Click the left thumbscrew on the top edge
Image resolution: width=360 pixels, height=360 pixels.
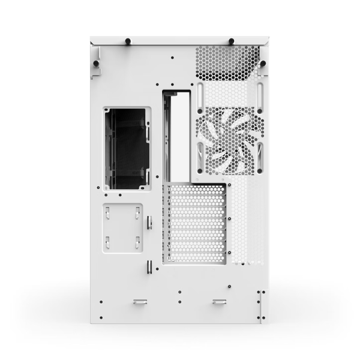(x=128, y=41)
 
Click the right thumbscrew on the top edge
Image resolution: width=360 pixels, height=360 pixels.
(x=231, y=41)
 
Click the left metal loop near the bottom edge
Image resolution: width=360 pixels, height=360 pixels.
(x=140, y=302)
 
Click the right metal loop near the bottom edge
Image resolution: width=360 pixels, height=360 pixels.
(x=219, y=302)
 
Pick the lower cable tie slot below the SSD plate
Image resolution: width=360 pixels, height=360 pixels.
(x=148, y=267)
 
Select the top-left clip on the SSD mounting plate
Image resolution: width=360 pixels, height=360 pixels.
(x=108, y=212)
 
